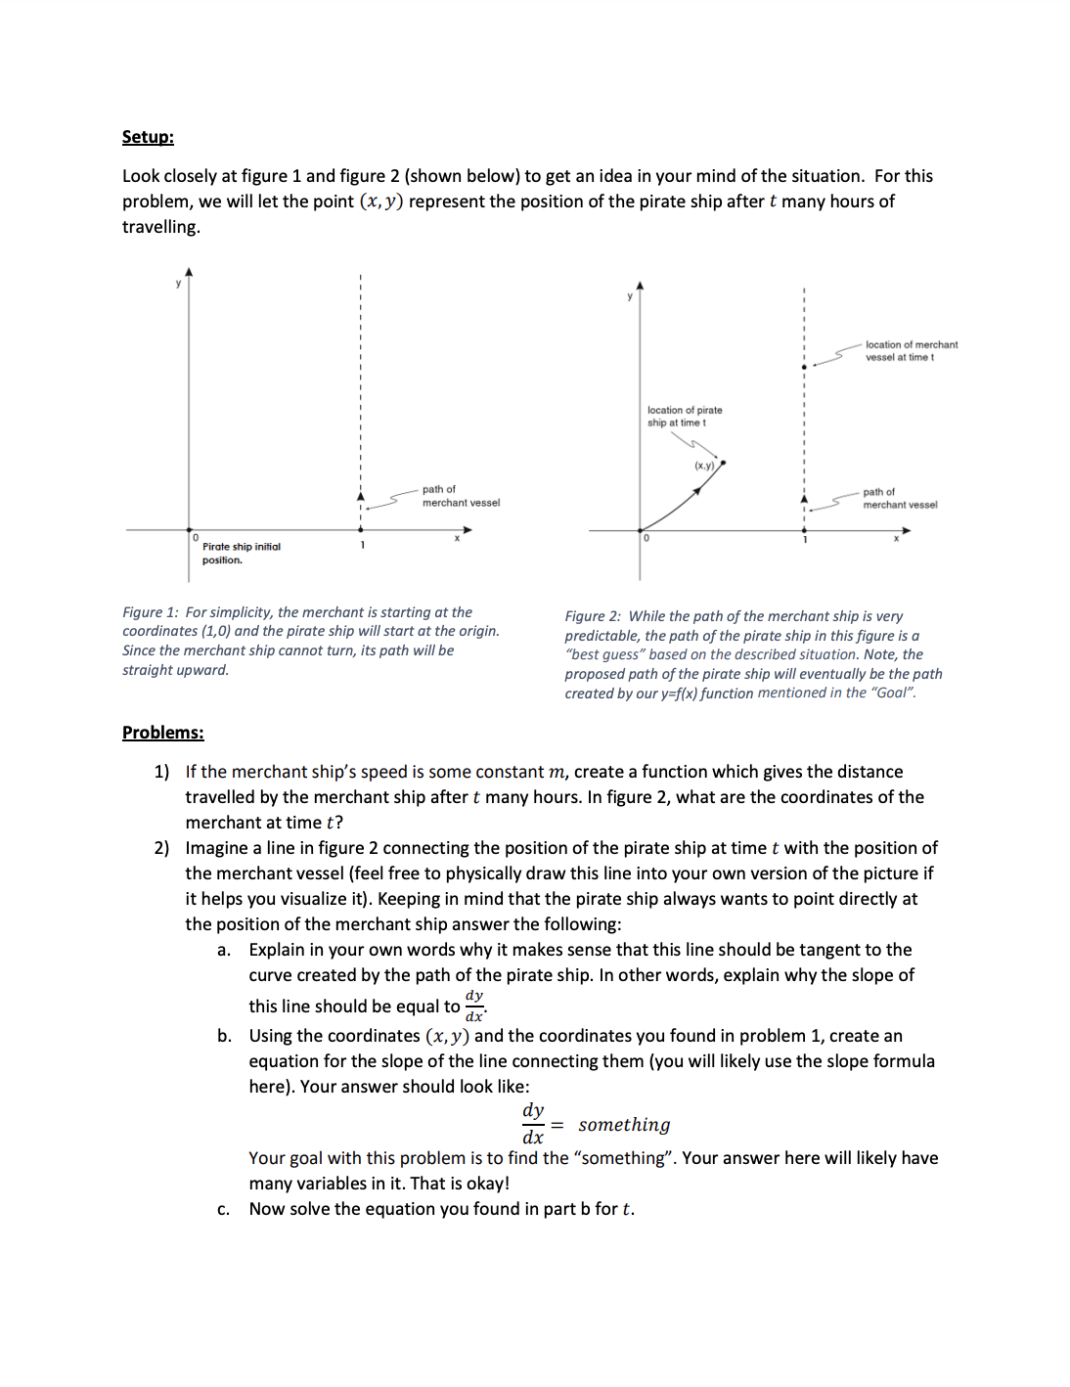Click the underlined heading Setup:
(148, 137)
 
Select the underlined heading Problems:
(162, 733)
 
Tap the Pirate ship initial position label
(241, 554)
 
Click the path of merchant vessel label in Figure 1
(460, 496)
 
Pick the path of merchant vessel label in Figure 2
(899, 499)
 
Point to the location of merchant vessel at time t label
(911, 351)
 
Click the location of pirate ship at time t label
(684, 417)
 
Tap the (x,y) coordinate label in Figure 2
(704, 466)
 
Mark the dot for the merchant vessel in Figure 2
(804, 367)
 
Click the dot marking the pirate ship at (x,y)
(723, 463)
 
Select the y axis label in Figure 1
(178, 284)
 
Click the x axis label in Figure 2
(896, 539)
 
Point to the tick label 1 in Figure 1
(362, 545)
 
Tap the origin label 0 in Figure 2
(646, 539)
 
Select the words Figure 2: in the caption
(593, 616)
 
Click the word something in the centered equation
(624, 1125)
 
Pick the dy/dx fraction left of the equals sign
(533, 1123)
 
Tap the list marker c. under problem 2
(224, 1210)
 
